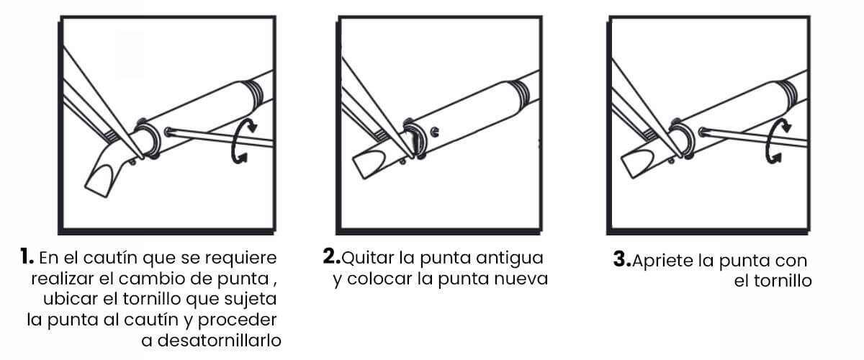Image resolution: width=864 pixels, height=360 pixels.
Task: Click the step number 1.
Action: tap(27, 256)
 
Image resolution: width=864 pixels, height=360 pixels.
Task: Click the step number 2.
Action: tap(331, 256)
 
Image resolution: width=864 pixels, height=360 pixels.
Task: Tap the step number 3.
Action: tap(622, 259)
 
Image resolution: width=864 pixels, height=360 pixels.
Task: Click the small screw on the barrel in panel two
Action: tap(434, 132)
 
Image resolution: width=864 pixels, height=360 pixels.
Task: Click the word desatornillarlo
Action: tap(219, 341)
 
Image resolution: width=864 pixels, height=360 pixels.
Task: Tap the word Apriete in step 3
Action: tap(663, 261)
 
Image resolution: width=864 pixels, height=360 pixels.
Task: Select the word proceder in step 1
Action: tap(237, 320)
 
